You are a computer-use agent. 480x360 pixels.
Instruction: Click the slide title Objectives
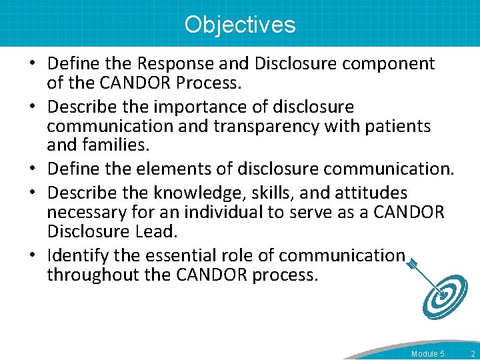pyautogui.click(x=240, y=25)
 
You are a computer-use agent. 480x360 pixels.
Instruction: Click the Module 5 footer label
pyautogui.click(x=427, y=353)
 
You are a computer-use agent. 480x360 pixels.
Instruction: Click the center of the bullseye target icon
pyautogui.click(x=443, y=295)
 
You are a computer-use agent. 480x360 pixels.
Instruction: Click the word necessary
pyautogui.click(x=87, y=212)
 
